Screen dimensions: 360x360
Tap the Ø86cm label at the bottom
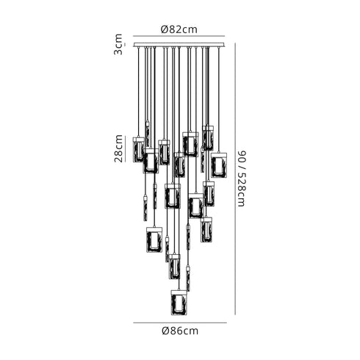tap(180, 331)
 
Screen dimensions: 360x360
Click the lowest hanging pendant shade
tap(179, 302)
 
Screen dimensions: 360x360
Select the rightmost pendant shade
tap(218, 166)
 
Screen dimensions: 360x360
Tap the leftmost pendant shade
tap(139, 149)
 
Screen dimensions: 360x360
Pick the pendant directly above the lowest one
tap(175, 266)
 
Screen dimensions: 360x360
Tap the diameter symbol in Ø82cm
tap(164, 30)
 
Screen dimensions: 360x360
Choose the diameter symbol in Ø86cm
tap(163, 331)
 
